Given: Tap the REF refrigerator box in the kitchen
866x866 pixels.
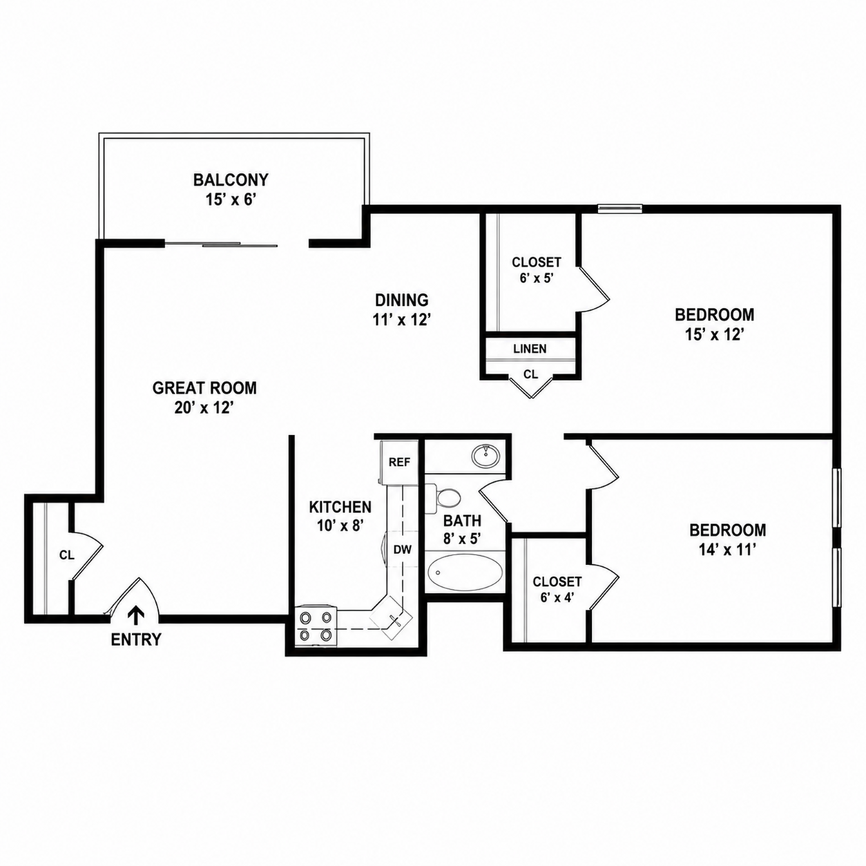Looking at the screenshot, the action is point(399,462).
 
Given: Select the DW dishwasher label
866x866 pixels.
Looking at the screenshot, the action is point(403,549).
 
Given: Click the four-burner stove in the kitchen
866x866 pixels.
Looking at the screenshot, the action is point(316,626).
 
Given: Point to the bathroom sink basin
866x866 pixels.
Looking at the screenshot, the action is point(485,456).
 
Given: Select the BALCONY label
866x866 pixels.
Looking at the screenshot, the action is point(231,180).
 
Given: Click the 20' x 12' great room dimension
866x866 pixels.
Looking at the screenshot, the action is point(204,408).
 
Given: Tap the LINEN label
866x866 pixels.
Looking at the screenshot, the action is point(530,348).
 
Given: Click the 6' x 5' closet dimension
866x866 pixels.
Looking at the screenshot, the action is point(536,278).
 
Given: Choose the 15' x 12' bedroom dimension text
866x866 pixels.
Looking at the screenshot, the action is point(714,334).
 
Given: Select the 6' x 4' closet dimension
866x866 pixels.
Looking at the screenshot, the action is point(557,598).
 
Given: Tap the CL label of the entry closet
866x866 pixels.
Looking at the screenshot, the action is point(67,555).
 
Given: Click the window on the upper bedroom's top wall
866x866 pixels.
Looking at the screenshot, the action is point(619,208).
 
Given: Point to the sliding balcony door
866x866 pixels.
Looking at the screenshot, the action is point(222,244).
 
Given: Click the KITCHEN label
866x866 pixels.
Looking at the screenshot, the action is point(340,507).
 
